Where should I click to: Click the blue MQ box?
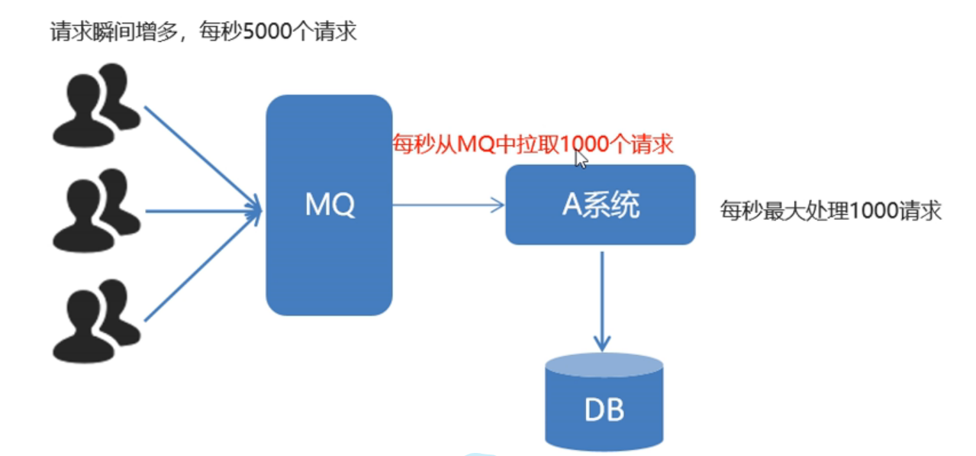(x=328, y=252)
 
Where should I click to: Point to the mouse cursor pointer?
(x=581, y=158)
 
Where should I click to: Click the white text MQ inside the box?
(x=329, y=205)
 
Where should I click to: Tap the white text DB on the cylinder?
(x=604, y=410)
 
